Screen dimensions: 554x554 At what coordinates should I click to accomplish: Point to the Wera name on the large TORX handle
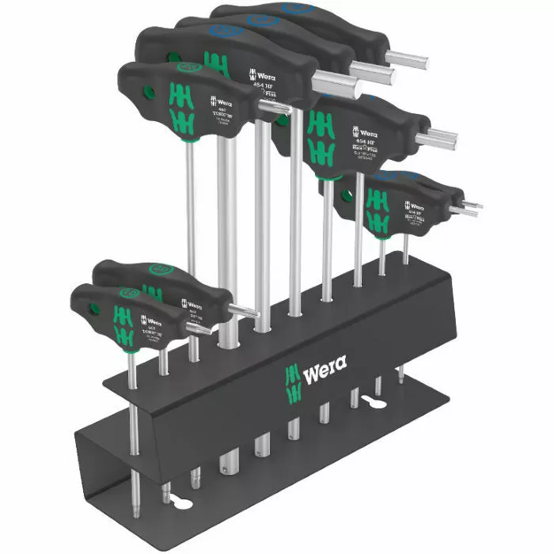(222, 102)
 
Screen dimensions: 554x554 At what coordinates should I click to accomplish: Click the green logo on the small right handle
(378, 208)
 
